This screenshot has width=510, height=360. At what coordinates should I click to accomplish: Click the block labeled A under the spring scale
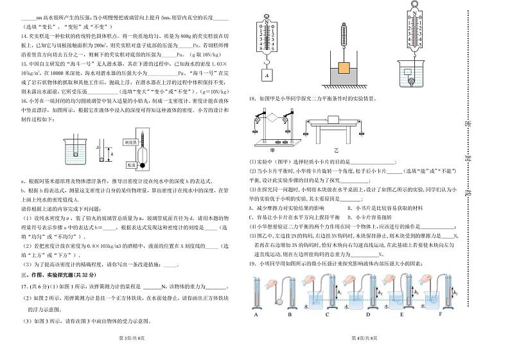coord(265,74)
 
